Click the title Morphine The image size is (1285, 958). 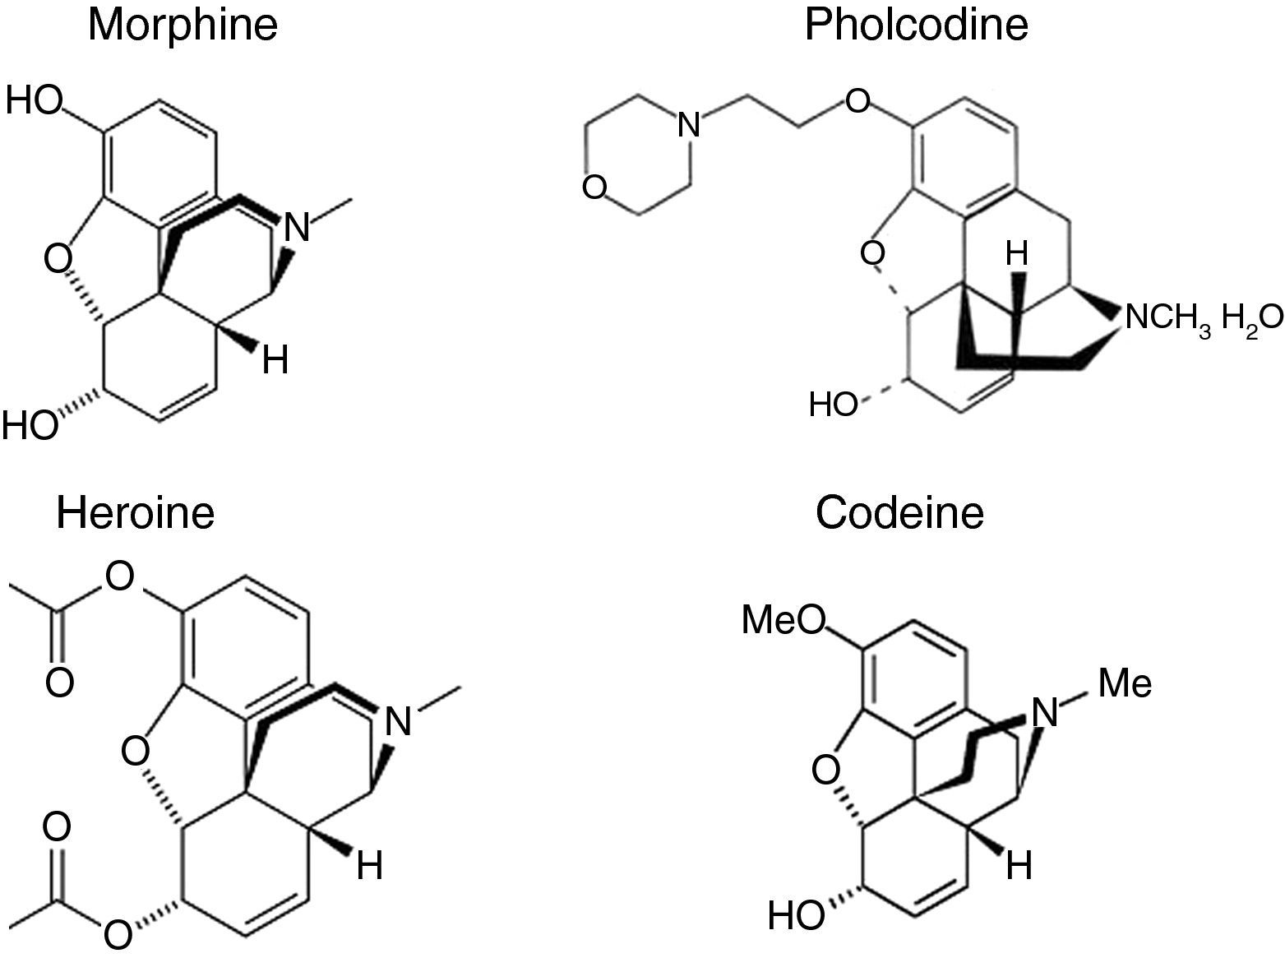(x=183, y=25)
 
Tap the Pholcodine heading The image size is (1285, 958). (x=916, y=25)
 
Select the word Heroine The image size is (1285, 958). (x=136, y=512)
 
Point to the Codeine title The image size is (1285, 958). (x=899, y=512)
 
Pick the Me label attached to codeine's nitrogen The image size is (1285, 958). (x=1125, y=684)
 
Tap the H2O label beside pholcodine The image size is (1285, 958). (x=1250, y=317)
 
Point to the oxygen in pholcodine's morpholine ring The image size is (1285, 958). (x=594, y=187)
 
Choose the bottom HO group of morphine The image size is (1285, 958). (x=30, y=426)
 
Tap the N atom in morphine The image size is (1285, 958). (x=297, y=228)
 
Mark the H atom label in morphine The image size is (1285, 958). (x=275, y=359)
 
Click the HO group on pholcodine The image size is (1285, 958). (x=834, y=405)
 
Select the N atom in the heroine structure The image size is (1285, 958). (x=398, y=722)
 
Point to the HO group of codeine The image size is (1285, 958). (x=796, y=914)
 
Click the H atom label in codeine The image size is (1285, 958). (x=1019, y=865)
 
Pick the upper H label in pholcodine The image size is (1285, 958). (x=1017, y=255)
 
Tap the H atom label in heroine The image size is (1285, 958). (x=369, y=866)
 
